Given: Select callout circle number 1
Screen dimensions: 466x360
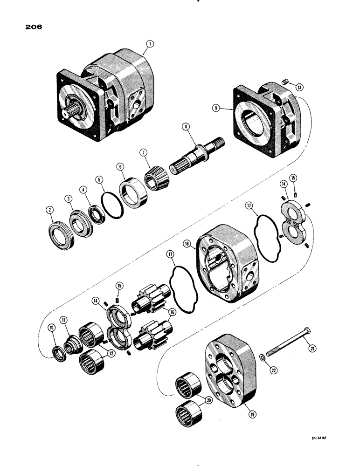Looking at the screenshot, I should point(150,45).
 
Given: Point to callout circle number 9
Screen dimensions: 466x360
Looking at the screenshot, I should point(216,108).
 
